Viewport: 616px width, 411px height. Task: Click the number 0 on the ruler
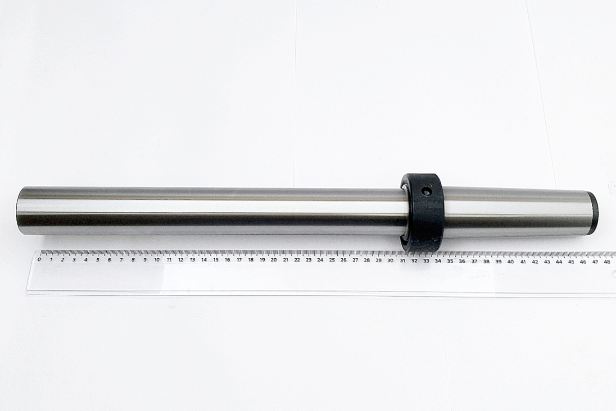pos(39,259)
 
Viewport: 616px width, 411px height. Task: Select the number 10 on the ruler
pos(157,260)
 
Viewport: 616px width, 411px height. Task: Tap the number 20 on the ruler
pos(274,260)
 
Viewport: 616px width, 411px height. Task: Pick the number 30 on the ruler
pos(390,260)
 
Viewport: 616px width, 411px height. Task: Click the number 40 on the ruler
pos(511,261)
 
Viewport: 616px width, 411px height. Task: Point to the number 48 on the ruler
pos(607,261)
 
